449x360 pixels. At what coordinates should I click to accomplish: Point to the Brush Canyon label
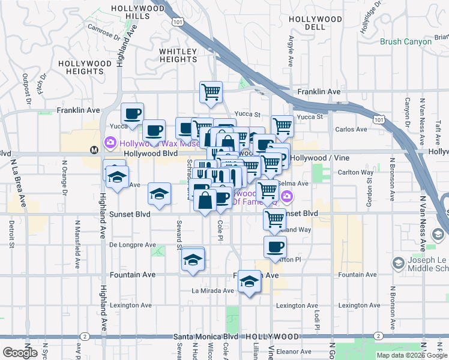coord(406,42)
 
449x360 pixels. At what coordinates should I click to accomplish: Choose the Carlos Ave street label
coord(351,129)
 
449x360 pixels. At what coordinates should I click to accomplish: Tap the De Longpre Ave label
coord(133,245)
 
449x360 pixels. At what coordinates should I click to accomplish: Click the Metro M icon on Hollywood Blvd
coord(94,149)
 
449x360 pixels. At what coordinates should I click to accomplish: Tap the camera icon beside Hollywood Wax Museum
coord(110,143)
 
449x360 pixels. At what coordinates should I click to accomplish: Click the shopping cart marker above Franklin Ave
coord(211,92)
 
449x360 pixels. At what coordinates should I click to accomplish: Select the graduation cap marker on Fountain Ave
coord(249,282)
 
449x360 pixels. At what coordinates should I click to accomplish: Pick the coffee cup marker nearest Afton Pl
coord(275,247)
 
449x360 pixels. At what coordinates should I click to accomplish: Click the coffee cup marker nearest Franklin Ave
coord(133,113)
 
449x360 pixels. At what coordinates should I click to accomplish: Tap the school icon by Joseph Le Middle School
coord(398,263)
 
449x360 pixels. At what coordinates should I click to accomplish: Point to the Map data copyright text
coord(411,355)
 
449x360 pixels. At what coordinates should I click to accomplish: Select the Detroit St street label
coord(11,233)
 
